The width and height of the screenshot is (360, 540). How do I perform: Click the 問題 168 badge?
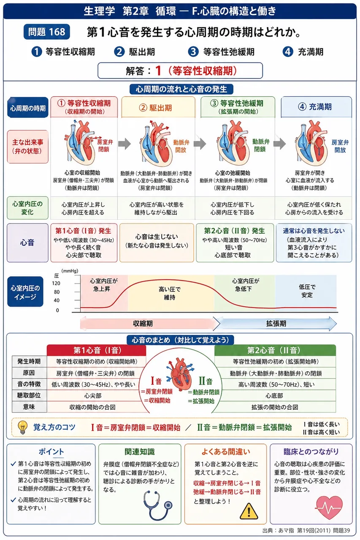click(x=46, y=32)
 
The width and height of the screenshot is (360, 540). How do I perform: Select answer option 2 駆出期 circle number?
click(x=119, y=52)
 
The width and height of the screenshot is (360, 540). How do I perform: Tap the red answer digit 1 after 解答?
click(x=158, y=70)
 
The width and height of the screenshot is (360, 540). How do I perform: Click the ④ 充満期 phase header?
click(x=316, y=107)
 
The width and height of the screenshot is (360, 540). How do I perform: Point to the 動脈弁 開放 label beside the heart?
click(x=181, y=146)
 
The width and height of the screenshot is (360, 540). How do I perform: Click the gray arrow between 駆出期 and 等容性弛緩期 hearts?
click(x=200, y=144)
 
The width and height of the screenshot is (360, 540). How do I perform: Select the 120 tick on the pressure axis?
click(x=56, y=283)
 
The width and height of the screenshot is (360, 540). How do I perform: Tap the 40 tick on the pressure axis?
click(x=57, y=300)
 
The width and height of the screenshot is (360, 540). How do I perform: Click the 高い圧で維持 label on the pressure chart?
click(x=170, y=293)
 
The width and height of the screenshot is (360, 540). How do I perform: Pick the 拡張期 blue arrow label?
click(x=276, y=324)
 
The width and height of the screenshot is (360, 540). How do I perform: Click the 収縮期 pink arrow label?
click(x=143, y=324)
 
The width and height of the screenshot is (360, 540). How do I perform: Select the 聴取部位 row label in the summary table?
click(x=29, y=395)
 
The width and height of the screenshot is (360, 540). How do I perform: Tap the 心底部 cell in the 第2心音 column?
click(x=274, y=396)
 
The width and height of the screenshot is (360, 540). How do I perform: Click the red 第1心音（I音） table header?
click(x=97, y=350)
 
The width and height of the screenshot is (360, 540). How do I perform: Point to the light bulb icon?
click(x=22, y=427)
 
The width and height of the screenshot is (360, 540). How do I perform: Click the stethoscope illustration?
click(x=157, y=505)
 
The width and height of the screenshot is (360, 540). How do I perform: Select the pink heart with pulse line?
click(x=329, y=507)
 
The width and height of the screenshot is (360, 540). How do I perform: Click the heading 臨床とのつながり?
click(x=311, y=451)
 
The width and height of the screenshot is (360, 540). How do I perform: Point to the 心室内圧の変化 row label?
click(x=27, y=208)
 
